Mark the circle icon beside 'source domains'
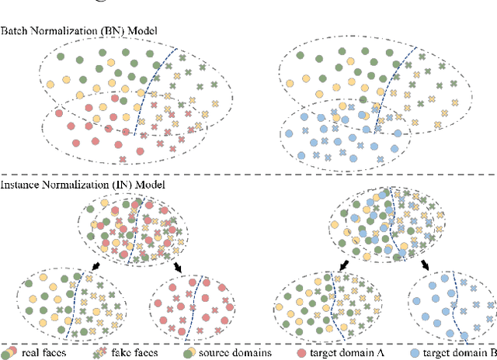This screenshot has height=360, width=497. tap(189, 353)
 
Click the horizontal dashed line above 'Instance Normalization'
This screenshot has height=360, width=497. tap(248, 174)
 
